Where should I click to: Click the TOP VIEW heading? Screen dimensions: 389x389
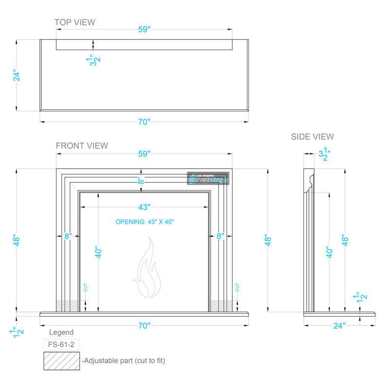tap(74, 22)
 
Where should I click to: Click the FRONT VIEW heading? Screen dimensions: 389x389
tap(82, 145)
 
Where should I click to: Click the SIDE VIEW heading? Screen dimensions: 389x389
tap(312, 137)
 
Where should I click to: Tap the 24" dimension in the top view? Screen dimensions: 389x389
tap(17, 76)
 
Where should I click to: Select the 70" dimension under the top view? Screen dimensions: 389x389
tap(144, 123)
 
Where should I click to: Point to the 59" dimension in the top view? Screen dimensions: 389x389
tap(144, 29)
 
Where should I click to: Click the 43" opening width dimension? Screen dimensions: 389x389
tap(144, 207)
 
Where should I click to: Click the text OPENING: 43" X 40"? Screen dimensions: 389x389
tap(144, 222)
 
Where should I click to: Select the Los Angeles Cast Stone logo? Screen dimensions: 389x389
tap(208, 178)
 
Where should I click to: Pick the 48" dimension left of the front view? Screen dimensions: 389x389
tap(17, 241)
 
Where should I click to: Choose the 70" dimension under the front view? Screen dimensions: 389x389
tap(144, 325)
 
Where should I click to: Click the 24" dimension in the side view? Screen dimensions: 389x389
tap(339, 325)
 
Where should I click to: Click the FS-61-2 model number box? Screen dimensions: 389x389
tap(61, 344)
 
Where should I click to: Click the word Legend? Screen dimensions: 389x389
tap(61, 333)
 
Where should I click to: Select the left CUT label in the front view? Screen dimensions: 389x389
tap(86, 287)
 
